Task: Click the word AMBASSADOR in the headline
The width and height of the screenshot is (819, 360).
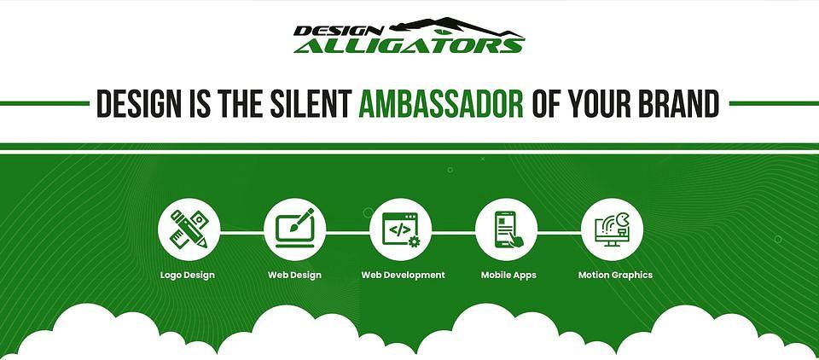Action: click(441, 103)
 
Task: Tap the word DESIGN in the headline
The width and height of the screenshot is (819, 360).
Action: click(136, 103)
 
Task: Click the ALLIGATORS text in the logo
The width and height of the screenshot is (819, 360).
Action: click(409, 45)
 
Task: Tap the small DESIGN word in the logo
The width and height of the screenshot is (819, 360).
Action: click(339, 31)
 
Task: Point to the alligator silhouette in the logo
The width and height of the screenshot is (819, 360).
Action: click(456, 27)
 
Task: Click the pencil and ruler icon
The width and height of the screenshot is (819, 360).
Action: click(189, 229)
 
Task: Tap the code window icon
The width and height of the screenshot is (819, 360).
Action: click(401, 229)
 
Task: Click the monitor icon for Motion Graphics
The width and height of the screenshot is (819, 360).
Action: click(613, 229)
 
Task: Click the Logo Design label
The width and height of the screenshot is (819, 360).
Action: click(188, 276)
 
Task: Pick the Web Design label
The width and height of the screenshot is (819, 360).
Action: click(294, 275)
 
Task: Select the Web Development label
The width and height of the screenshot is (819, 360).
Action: click(404, 275)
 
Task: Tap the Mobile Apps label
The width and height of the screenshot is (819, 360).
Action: click(508, 276)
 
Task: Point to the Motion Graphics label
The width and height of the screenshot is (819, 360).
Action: click(615, 276)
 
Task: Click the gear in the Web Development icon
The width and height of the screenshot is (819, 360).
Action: click(415, 241)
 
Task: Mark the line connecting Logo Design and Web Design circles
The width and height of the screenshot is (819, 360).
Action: click(241, 232)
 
